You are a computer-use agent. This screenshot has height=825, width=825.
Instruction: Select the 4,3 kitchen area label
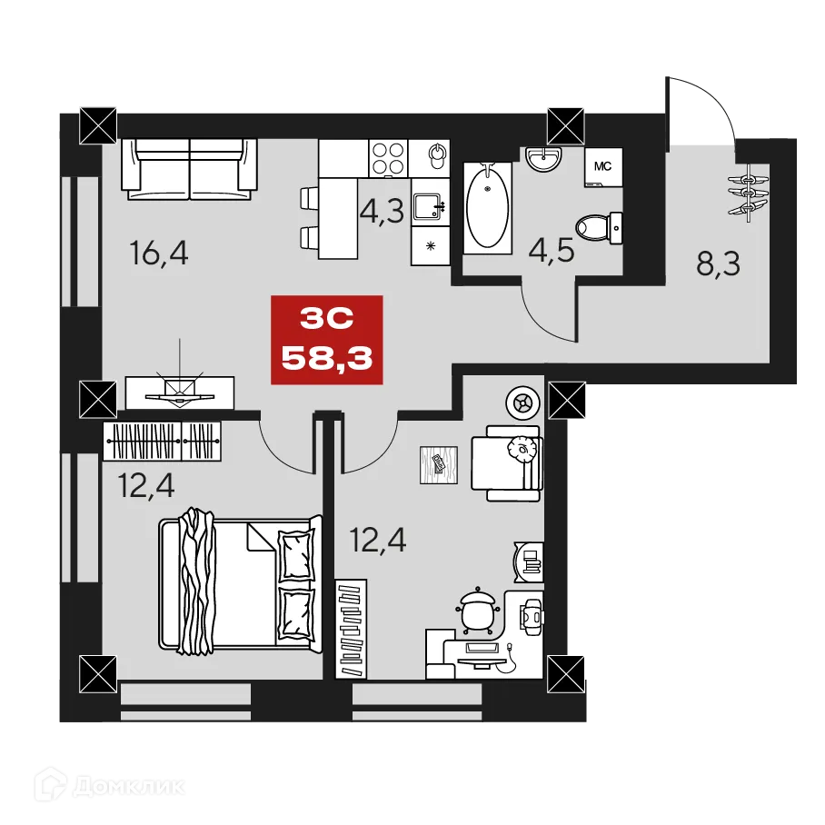(x=381, y=212)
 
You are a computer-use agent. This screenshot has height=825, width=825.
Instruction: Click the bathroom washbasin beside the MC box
(x=545, y=160)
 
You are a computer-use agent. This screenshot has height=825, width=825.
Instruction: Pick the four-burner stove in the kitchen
(x=389, y=160)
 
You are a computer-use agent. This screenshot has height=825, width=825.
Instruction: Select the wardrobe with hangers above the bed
(x=163, y=442)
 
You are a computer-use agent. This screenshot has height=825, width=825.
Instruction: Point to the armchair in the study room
(x=506, y=462)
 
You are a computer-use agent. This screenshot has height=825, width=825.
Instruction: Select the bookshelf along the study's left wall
(x=351, y=628)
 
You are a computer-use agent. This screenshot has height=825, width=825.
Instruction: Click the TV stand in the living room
(x=180, y=392)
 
